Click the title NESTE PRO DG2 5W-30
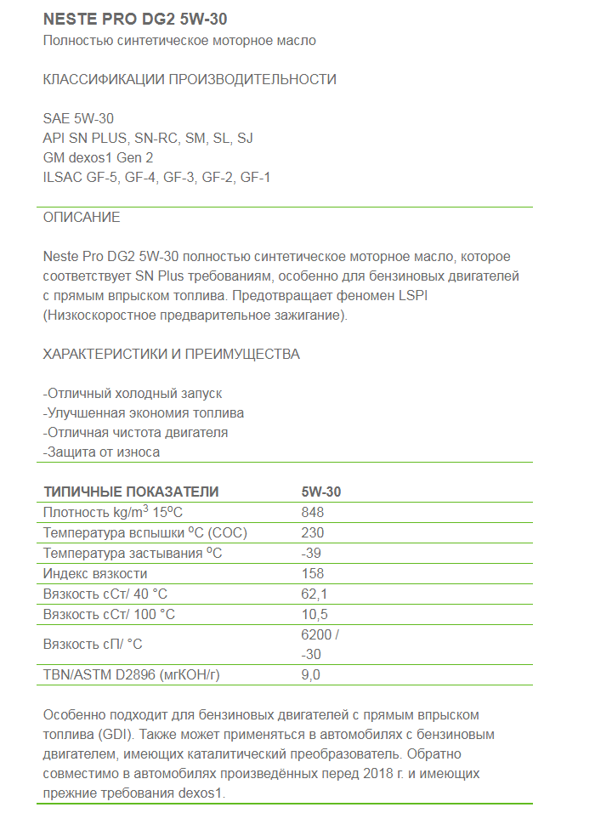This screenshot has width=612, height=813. pyautogui.click(x=134, y=19)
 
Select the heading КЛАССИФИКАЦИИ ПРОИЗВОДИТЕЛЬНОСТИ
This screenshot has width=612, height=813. pyautogui.click(x=190, y=80)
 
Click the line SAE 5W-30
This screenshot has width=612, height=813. pyautogui.click(x=78, y=119)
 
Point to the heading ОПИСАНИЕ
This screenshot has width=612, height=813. pyautogui.click(x=82, y=218)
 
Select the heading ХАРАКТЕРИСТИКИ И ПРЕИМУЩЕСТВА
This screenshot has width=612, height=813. pyautogui.click(x=171, y=354)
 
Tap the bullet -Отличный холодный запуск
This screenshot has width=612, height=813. pyautogui.click(x=133, y=394)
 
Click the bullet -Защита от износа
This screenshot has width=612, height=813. pyautogui.click(x=101, y=452)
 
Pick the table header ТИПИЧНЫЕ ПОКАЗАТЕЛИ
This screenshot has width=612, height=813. pyautogui.click(x=131, y=492)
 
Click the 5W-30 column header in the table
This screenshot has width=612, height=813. pyautogui.click(x=321, y=492)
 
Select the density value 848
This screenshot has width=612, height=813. pyautogui.click(x=313, y=512)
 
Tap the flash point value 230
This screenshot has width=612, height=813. pyautogui.click(x=313, y=532)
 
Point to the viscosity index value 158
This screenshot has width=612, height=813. pyautogui.click(x=313, y=573)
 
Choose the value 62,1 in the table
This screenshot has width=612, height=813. pyautogui.click(x=314, y=594)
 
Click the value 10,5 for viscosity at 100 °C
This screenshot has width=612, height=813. pyautogui.click(x=314, y=614)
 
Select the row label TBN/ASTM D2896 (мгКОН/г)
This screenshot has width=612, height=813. pyautogui.click(x=137, y=675)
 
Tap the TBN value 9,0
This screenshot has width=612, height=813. pyautogui.click(x=311, y=675)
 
